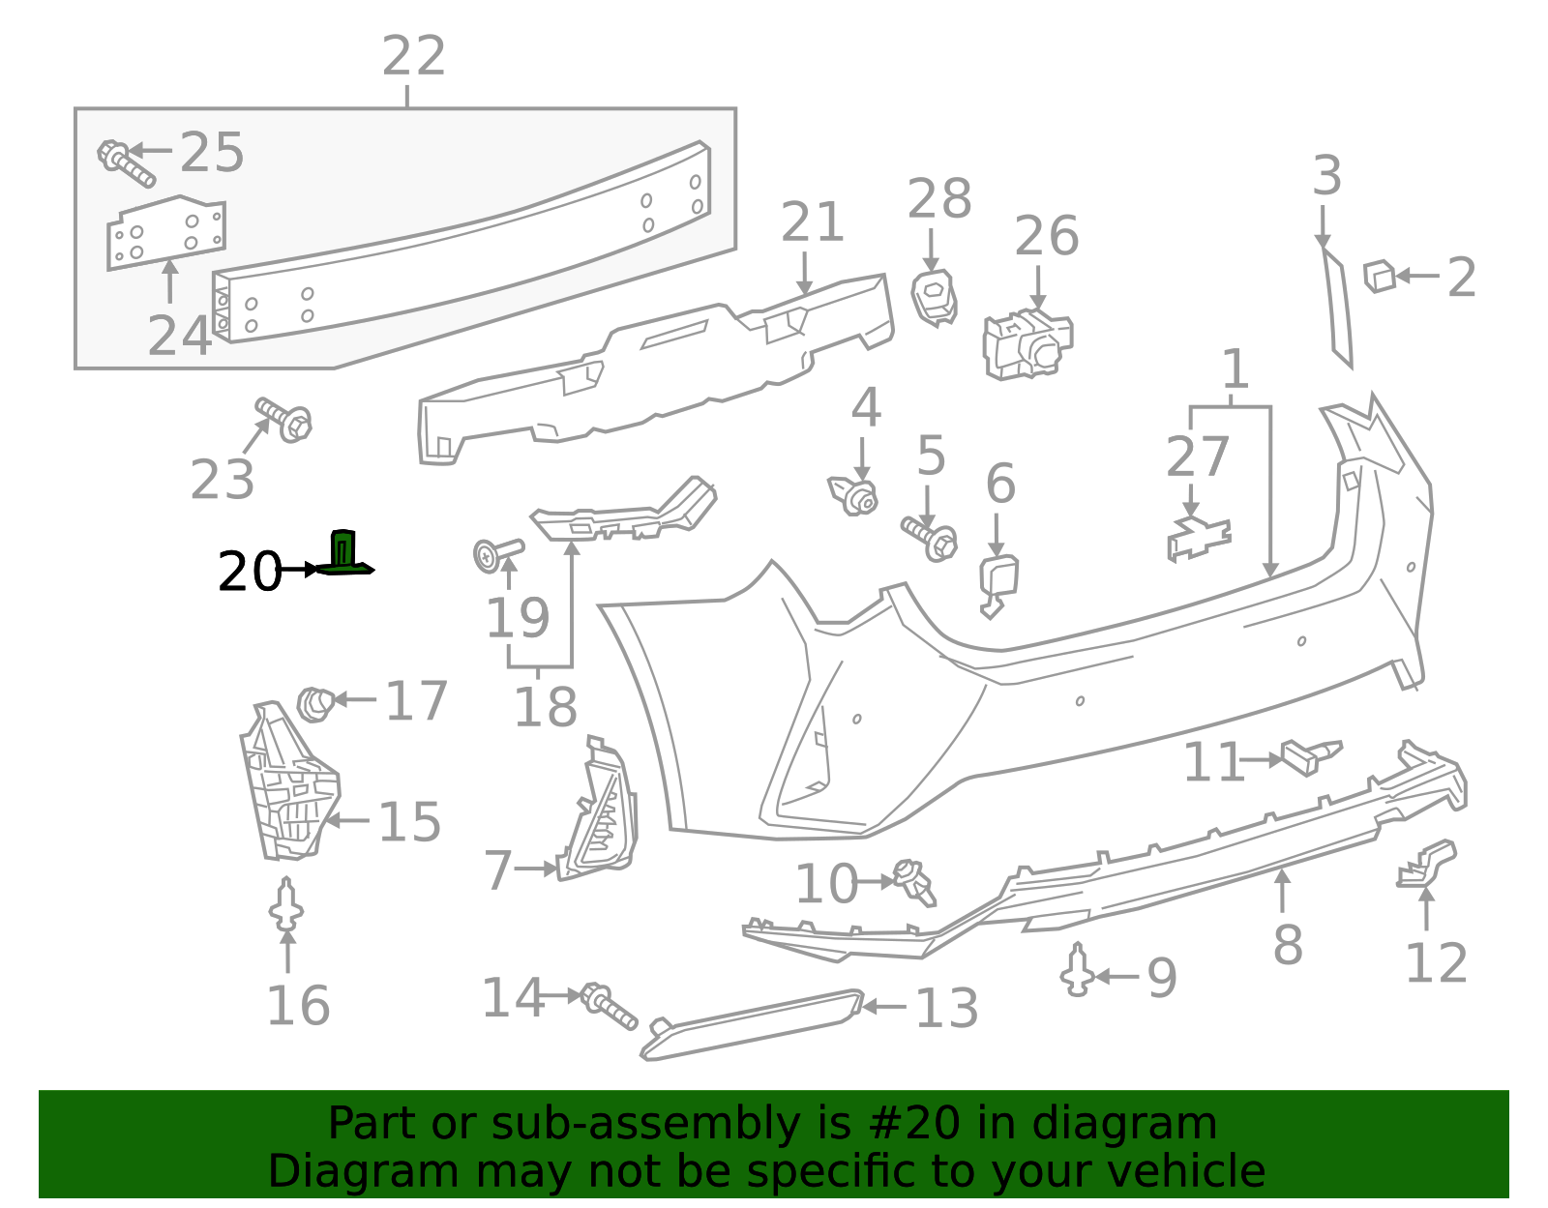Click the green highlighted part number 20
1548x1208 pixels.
click(x=343, y=553)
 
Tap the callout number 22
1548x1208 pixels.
click(x=413, y=56)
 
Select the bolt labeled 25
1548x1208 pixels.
click(x=125, y=163)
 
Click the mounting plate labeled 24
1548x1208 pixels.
click(x=164, y=232)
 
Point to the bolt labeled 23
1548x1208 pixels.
click(x=283, y=419)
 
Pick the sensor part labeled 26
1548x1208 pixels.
click(x=1027, y=343)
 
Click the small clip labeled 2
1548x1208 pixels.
click(x=1379, y=276)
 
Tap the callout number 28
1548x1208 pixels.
click(x=939, y=199)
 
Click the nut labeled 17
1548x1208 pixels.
click(x=315, y=702)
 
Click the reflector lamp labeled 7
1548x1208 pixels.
click(x=603, y=817)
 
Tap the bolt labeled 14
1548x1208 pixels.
click(x=609, y=1006)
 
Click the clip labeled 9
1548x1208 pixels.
click(x=1077, y=970)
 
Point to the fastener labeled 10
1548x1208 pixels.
click(x=915, y=881)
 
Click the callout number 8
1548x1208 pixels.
click(x=1287, y=945)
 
